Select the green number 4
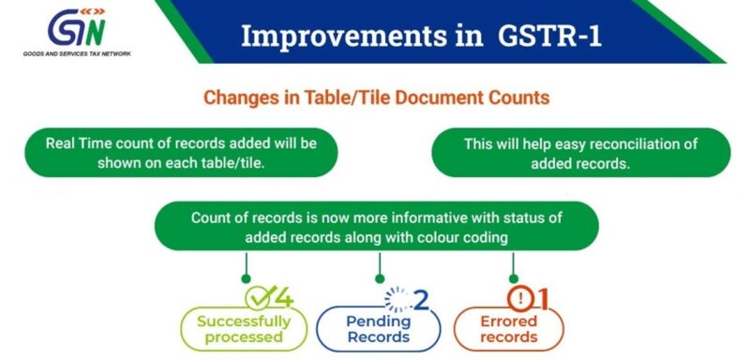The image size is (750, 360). point(283,298)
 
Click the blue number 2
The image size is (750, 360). point(421,300)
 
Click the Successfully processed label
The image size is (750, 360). point(244,329)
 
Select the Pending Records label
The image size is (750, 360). point(375,329)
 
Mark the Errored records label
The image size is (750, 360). point(509,329)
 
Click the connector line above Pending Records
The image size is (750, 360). point(379,265)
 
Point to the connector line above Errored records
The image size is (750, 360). point(512,265)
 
